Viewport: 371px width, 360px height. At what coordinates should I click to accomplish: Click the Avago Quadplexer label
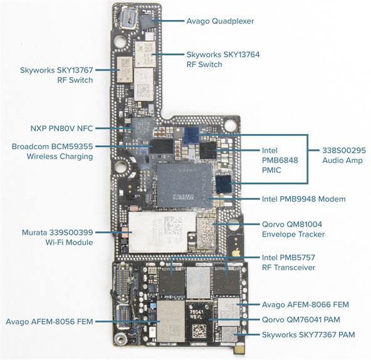point(220,21)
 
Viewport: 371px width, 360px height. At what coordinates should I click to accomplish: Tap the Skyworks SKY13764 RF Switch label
point(223,59)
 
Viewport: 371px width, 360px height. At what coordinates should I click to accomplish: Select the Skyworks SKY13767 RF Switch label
point(56,75)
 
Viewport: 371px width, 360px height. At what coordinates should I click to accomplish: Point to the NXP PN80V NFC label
point(61,128)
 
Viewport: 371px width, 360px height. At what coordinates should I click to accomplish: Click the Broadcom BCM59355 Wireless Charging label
point(52,152)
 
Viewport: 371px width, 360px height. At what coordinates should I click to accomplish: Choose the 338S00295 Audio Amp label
point(344,155)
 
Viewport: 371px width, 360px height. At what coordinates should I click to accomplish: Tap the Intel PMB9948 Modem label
point(303,199)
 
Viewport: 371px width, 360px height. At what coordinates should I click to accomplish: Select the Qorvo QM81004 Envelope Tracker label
point(293,229)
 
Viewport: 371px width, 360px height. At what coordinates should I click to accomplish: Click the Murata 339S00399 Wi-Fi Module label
point(57,237)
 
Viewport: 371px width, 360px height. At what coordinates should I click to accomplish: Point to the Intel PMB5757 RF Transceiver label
point(288,262)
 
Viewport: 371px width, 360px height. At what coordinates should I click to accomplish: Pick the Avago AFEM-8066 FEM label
point(305,304)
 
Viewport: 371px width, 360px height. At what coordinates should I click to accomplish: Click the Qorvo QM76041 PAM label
point(301,320)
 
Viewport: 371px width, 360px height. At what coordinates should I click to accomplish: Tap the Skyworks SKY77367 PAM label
point(308,335)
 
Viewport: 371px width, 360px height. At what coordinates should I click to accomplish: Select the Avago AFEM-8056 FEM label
point(50,321)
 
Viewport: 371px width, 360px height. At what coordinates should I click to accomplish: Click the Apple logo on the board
point(236,253)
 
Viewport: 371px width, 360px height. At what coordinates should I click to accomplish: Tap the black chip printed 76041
point(199,321)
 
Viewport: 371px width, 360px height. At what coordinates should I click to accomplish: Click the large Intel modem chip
point(184,186)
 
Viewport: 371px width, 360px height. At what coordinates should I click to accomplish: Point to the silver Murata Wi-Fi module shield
point(162,232)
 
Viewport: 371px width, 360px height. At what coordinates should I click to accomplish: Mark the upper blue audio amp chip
point(191,135)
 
